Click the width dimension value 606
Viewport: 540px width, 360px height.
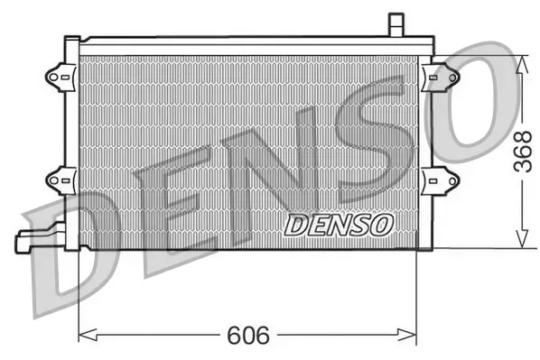coord(249,336)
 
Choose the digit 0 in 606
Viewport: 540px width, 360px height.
coord(249,336)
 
